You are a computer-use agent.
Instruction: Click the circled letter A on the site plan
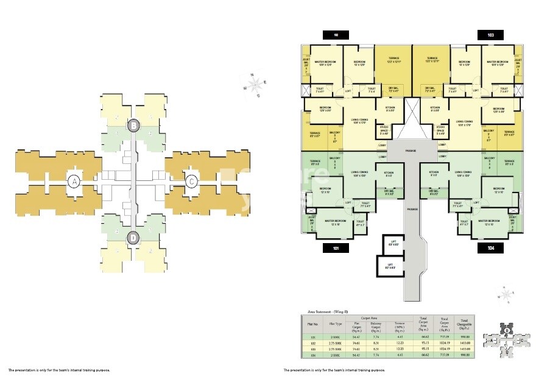[74, 181]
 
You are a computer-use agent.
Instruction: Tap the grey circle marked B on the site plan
[133, 126]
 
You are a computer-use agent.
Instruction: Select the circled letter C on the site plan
[191, 181]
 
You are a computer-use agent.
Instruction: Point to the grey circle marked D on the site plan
[133, 238]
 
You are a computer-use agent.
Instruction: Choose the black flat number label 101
[336, 248]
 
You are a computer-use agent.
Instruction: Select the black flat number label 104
[491, 248]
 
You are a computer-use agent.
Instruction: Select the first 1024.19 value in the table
[444, 342]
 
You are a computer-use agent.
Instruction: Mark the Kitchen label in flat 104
[434, 174]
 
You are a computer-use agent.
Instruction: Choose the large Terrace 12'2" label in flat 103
[432, 60]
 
